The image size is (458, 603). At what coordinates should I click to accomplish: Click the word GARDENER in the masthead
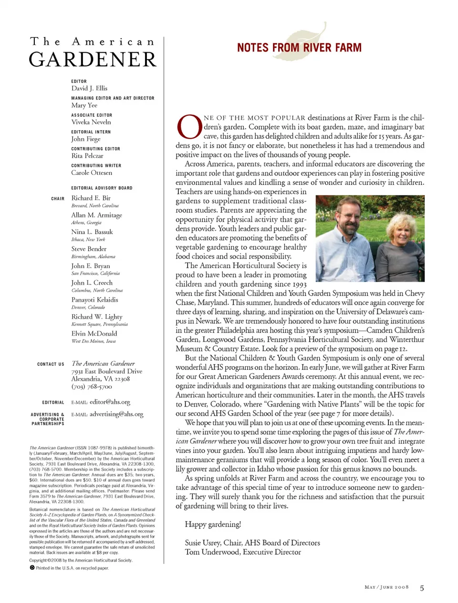point(93,60)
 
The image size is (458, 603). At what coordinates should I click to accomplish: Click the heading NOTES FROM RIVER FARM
point(299,48)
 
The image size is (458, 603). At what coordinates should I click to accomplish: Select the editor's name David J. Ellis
point(89,88)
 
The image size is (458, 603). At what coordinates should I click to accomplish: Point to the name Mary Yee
point(84,105)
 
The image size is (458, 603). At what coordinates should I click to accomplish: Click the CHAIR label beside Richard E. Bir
point(58,198)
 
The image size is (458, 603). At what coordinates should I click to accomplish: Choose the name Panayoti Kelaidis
point(94,300)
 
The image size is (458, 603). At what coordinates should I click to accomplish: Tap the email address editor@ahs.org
point(110,402)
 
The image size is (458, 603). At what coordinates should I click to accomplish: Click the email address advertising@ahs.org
point(116,414)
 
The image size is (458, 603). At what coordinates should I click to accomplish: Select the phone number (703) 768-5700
point(92,387)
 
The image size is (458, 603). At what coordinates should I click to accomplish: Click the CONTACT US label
point(51,364)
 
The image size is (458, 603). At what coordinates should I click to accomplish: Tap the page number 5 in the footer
point(422,588)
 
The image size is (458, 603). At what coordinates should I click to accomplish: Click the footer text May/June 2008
point(386,587)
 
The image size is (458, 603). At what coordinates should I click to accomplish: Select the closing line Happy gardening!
point(213,524)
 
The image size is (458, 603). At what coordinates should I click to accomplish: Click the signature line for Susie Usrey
point(252,543)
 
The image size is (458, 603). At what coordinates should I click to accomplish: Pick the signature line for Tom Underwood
point(243,552)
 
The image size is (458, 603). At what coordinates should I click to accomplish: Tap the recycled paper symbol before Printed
point(32,568)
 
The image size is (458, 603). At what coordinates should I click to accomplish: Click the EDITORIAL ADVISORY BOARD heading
point(102,188)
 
